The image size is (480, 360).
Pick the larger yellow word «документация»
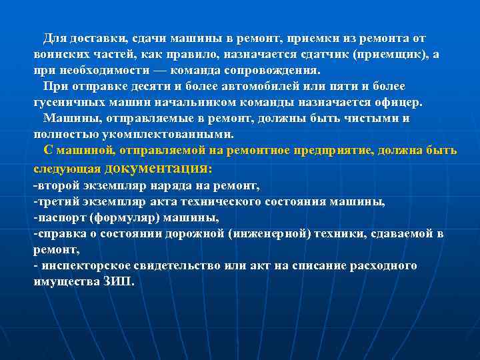coord(157,168)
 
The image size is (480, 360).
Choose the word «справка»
coord(62,233)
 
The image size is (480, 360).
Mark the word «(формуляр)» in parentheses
coord(123,217)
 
